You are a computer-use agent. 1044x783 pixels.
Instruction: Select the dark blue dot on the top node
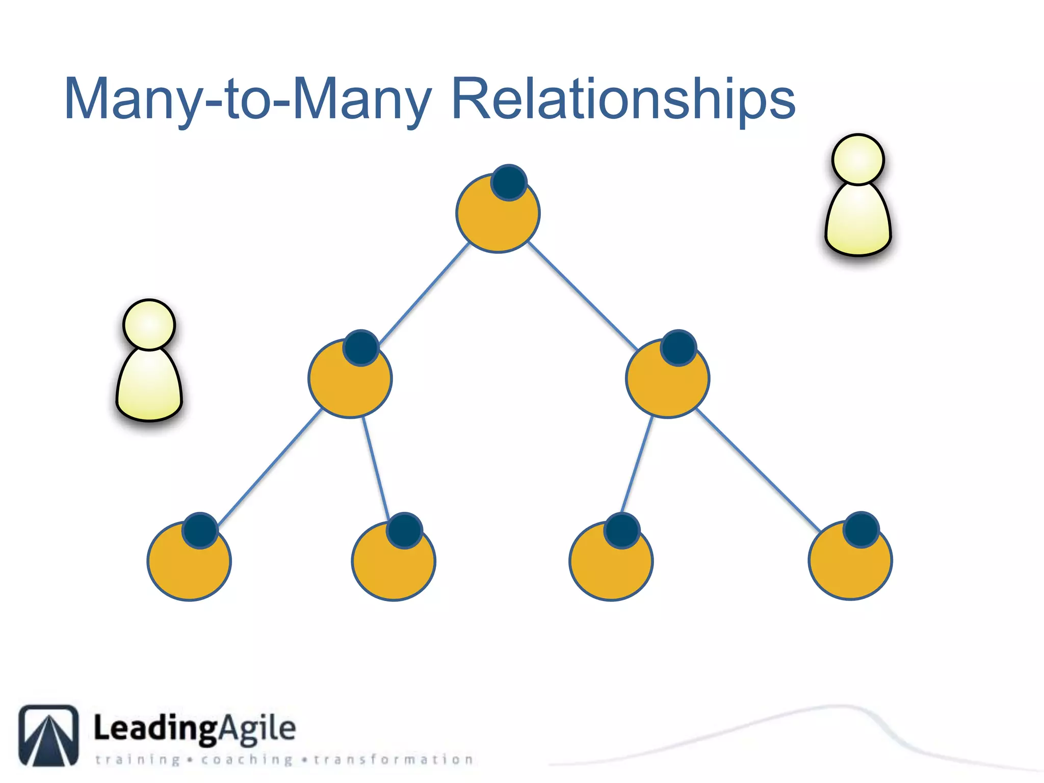coord(509,182)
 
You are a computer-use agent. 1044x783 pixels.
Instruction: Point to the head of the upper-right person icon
coord(858,159)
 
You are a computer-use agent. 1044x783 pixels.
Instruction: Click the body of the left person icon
coord(149,385)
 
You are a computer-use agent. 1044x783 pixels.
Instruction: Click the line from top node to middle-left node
coord(424,293)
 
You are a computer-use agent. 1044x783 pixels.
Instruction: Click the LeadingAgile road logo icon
coord(49,735)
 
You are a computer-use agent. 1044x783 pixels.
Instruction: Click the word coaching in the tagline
coord(247,760)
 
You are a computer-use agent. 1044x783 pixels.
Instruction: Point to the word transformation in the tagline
coord(393,760)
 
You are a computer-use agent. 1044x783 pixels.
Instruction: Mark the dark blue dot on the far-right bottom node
coord(861,530)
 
